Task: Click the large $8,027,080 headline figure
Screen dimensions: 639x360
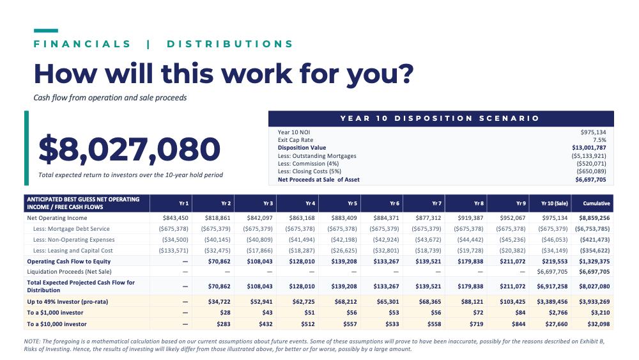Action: point(129,149)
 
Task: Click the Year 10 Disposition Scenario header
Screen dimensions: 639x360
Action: point(440,118)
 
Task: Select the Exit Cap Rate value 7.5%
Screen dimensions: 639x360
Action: point(599,140)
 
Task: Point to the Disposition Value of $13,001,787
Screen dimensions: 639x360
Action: point(589,148)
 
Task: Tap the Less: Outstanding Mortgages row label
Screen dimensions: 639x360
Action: point(317,156)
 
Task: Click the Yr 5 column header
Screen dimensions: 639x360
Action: point(353,203)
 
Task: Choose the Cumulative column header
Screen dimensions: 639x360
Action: point(596,203)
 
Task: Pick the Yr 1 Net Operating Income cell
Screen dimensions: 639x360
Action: point(175,218)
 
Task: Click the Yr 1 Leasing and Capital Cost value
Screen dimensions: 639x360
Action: point(174,250)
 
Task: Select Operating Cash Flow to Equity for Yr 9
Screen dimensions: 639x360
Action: point(512,262)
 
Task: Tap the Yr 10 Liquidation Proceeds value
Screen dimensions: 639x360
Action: point(552,272)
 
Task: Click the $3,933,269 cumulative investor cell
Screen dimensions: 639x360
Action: point(594,302)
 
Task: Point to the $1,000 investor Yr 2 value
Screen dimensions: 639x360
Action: point(225,313)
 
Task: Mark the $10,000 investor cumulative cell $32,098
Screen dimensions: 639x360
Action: point(598,324)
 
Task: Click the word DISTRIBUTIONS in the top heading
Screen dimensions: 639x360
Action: point(230,44)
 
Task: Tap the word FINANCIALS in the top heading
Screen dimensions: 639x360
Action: point(82,44)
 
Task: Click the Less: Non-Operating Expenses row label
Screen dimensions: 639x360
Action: point(73,240)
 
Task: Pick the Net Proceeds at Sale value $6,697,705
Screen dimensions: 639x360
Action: point(590,180)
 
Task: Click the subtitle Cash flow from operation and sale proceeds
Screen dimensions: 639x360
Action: point(110,98)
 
